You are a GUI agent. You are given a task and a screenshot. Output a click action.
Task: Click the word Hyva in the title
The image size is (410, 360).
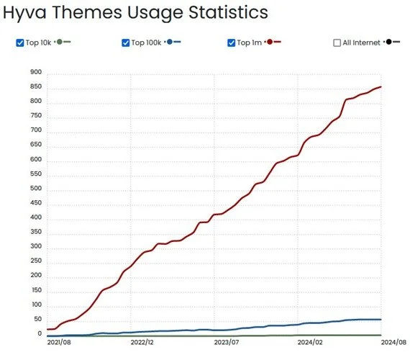click(x=27, y=14)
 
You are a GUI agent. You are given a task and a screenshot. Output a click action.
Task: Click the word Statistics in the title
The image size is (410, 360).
click(x=222, y=13)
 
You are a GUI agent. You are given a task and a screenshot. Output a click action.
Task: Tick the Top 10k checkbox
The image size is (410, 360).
click(x=19, y=42)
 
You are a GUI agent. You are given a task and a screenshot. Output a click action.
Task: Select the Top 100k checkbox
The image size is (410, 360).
click(x=127, y=42)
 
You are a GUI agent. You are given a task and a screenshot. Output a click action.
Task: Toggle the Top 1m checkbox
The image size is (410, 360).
click(x=232, y=42)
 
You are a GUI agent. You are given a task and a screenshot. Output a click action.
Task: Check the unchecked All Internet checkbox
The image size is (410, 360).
click(x=337, y=42)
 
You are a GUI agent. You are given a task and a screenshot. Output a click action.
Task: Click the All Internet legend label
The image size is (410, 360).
click(x=361, y=42)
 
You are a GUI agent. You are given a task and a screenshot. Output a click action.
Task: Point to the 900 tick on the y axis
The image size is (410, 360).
click(x=36, y=72)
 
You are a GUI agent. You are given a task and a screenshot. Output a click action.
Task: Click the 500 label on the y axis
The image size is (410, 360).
click(x=36, y=189)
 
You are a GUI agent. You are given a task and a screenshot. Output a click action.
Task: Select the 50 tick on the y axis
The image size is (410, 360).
click(x=37, y=320)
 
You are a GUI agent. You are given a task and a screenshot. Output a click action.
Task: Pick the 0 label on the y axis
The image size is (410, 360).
click(x=40, y=334)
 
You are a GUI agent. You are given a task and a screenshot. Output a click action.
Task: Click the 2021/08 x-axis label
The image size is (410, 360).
click(x=58, y=343)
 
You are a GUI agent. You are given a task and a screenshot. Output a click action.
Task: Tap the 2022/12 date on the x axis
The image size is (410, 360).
click(x=142, y=343)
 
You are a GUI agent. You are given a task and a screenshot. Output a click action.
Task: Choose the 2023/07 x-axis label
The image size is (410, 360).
click(x=226, y=343)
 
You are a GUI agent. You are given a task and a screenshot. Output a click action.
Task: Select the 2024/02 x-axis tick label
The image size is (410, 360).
click(x=309, y=343)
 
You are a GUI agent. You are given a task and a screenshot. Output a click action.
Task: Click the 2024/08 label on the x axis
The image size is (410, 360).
click(x=393, y=343)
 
